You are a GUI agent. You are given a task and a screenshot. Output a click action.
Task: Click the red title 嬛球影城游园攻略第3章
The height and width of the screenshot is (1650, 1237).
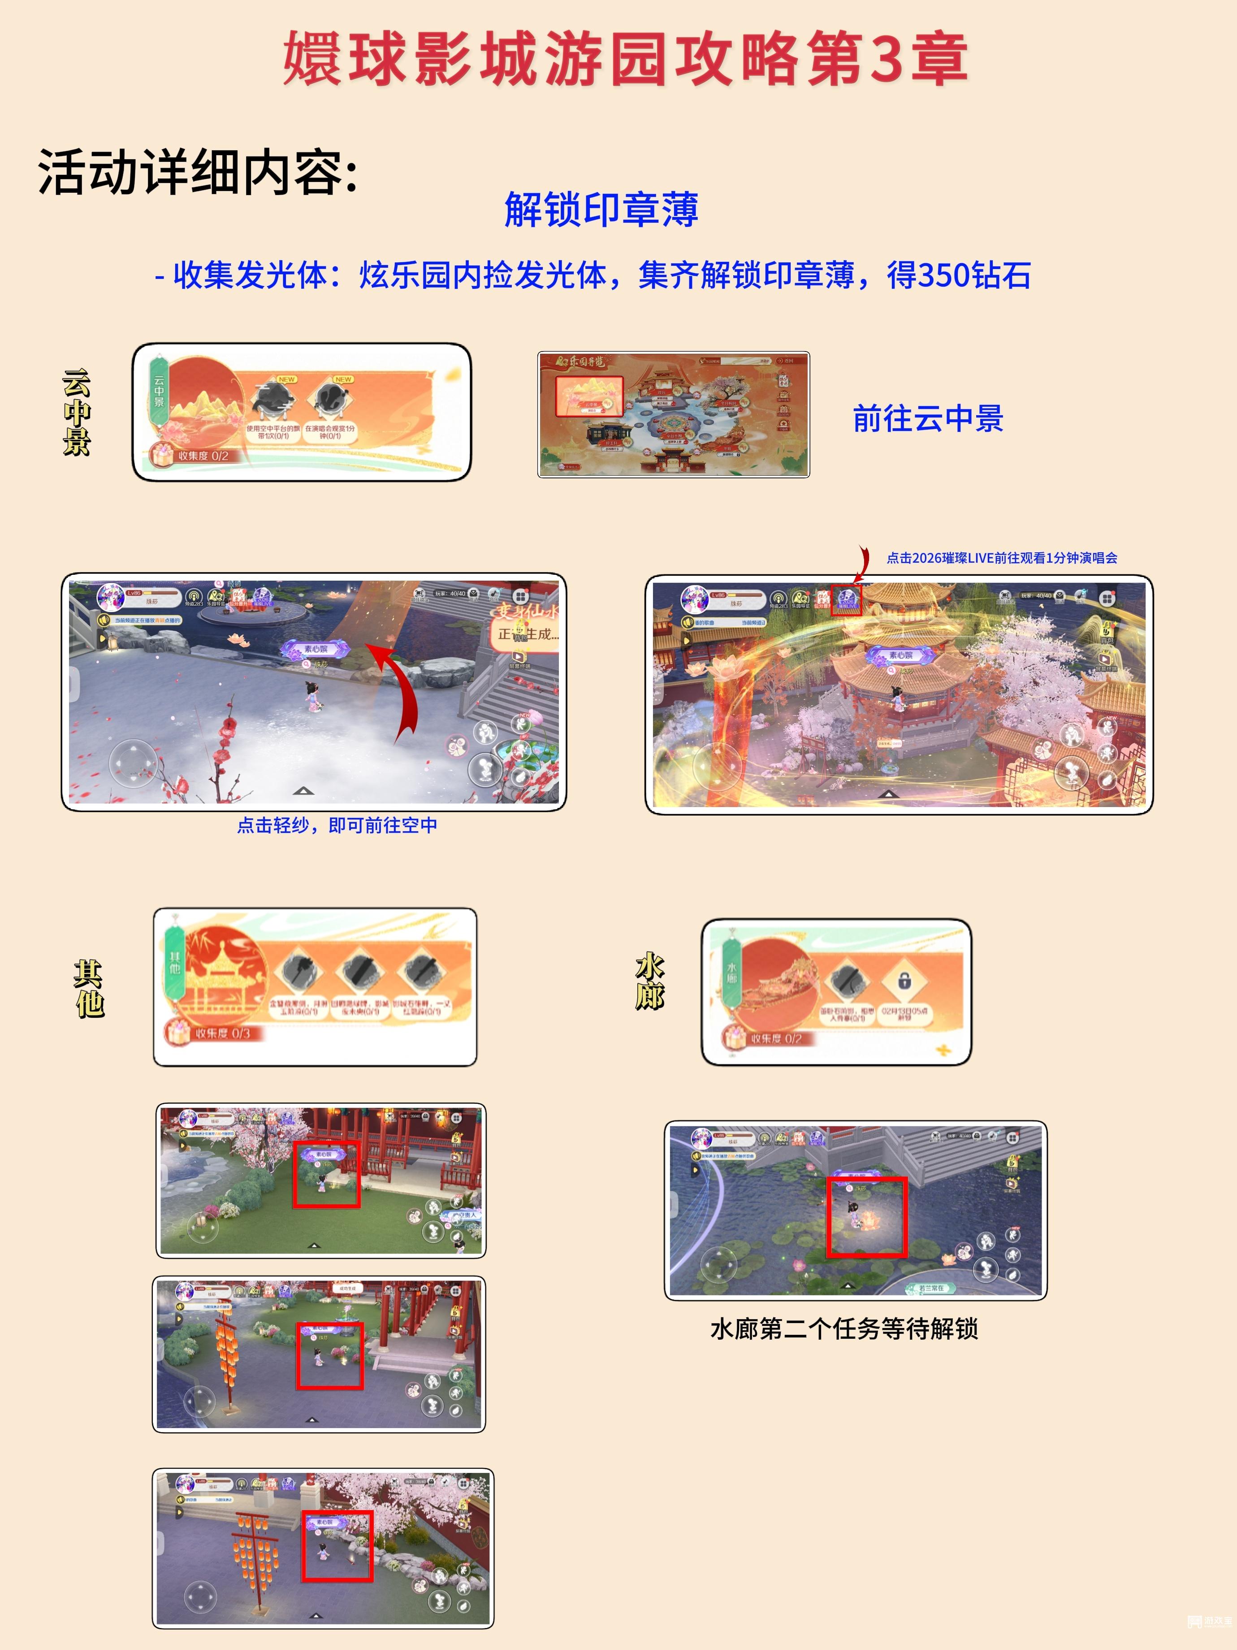[x=625, y=58]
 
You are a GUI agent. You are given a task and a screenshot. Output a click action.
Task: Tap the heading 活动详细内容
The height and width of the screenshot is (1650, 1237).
[x=198, y=172]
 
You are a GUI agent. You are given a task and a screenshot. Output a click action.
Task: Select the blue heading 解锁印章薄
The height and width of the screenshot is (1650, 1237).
[x=601, y=209]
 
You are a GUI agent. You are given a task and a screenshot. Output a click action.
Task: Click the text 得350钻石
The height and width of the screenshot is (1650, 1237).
[x=958, y=275]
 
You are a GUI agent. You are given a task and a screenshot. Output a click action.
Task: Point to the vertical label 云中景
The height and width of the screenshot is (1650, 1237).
[x=76, y=412]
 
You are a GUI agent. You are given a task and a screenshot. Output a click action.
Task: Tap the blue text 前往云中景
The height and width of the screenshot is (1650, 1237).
[x=928, y=418]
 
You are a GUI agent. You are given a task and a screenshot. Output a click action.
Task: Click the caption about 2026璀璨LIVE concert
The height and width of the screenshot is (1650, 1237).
[x=1001, y=558]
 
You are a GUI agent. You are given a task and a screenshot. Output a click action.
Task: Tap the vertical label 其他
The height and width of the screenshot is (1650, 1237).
[x=88, y=988]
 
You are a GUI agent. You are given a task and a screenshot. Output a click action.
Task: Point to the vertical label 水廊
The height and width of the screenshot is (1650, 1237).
[x=649, y=981]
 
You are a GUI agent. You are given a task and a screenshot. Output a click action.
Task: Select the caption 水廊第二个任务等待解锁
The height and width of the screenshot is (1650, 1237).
[x=844, y=1329]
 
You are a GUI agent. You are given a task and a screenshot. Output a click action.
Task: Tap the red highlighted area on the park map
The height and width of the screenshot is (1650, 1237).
[x=589, y=395]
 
